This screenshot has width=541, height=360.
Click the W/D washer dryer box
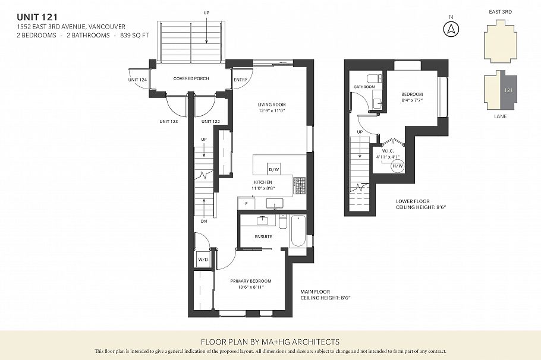(202, 260)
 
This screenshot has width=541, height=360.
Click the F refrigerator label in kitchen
(246, 204)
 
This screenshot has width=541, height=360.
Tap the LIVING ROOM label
(272, 105)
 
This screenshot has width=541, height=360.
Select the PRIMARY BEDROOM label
(250, 281)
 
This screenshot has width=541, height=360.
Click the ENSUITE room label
(263, 236)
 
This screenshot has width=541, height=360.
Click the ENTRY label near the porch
(241, 80)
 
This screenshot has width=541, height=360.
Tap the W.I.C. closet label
(387, 151)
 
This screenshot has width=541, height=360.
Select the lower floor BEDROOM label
(411, 94)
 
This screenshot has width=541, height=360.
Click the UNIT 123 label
(169, 121)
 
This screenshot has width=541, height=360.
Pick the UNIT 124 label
(137, 80)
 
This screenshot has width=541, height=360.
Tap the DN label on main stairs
(203, 221)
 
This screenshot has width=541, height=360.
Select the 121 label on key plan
(508, 90)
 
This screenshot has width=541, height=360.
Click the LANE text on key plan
(501, 117)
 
